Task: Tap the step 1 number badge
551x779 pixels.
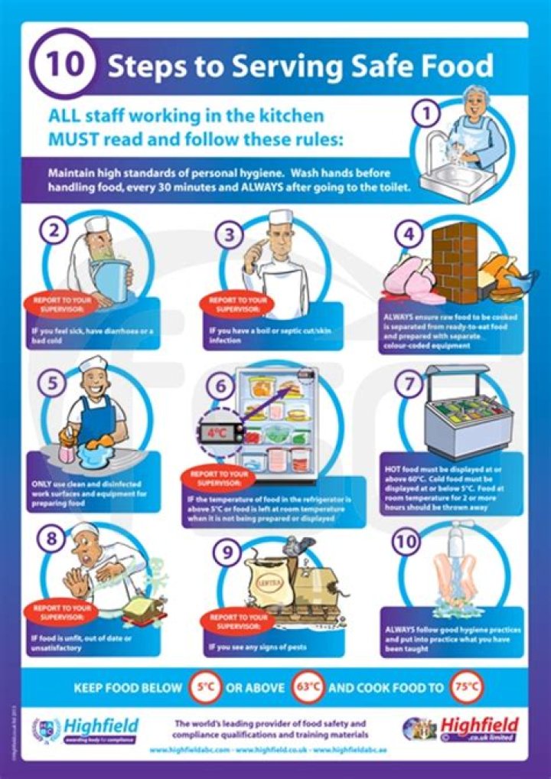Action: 427,114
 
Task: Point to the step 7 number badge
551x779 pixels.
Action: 408,383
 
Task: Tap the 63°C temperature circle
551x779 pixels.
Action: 308,687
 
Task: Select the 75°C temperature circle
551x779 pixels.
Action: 467,687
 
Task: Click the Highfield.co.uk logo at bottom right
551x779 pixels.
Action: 461,728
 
